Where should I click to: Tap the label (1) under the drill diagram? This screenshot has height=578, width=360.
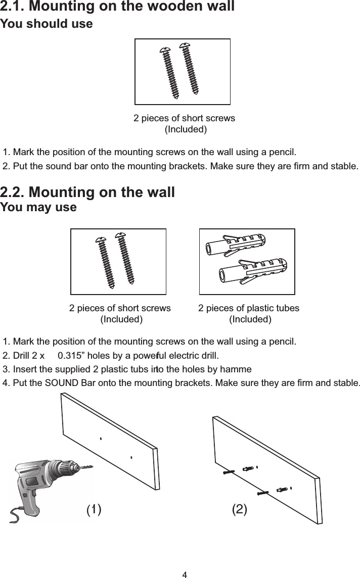[94, 509]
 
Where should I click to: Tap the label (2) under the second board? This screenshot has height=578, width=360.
[239, 509]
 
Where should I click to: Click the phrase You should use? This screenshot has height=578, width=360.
[47, 24]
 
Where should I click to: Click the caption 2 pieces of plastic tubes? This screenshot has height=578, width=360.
[248, 308]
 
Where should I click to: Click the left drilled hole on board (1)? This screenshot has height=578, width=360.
[101, 439]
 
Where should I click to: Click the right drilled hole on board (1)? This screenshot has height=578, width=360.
[131, 458]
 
